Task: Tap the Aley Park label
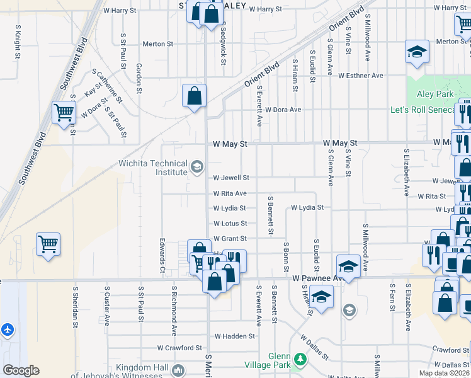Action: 435,94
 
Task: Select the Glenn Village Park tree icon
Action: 301,360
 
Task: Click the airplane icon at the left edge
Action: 8,329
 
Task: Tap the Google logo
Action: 21,370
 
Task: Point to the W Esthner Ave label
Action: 360,76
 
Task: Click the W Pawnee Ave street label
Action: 318,277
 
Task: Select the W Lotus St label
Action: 230,224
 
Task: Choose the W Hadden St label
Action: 234,336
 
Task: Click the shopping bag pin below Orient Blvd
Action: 194,96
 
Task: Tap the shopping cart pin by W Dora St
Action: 64,113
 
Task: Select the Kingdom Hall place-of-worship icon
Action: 178,370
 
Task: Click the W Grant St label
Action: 230,239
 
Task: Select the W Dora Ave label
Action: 283,109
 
